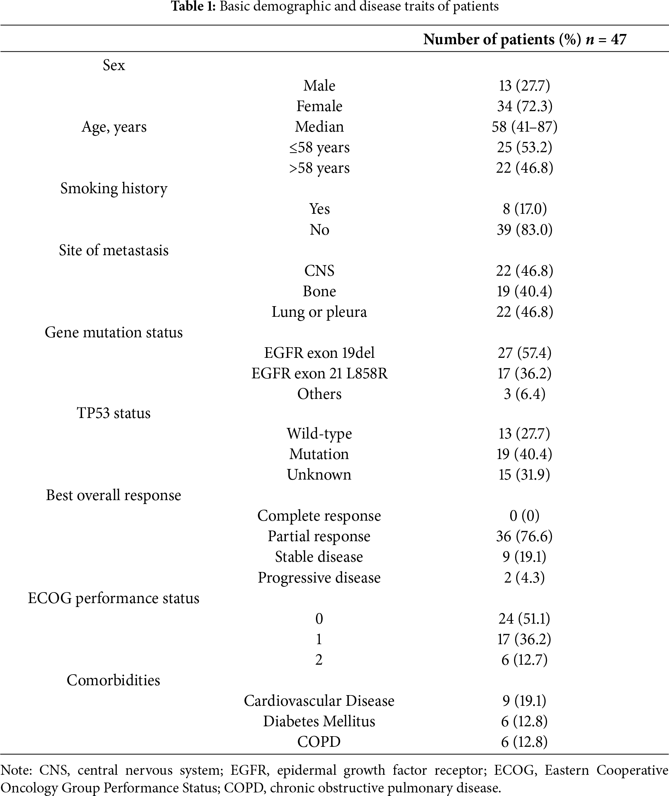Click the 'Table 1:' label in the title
193,6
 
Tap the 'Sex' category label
114,65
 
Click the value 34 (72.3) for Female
525,106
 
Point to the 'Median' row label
319,127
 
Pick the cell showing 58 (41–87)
525,127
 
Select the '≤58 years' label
319,148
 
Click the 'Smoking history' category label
114,189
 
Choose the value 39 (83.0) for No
525,230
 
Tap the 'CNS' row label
319,271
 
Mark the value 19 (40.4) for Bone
525,291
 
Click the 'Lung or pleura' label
319,312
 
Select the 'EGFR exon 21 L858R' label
319,374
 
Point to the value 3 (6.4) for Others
525,394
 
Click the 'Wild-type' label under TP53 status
319,434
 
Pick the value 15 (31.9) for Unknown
525,475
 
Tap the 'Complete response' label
319,516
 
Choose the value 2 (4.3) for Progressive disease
525,578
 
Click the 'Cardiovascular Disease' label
319,701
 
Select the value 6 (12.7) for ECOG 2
525,660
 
